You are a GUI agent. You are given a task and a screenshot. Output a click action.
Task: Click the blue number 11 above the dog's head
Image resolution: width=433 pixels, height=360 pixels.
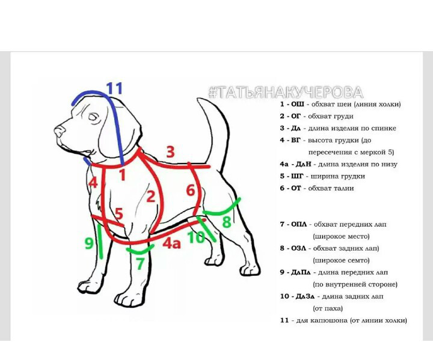click(114, 88)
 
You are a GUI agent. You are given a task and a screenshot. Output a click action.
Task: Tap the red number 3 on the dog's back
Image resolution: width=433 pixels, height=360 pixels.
click(170, 152)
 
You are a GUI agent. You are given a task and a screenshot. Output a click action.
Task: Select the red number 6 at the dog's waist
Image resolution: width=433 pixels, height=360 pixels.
click(190, 190)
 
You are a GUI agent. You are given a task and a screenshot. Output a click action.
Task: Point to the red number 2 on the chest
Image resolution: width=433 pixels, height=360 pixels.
click(150, 197)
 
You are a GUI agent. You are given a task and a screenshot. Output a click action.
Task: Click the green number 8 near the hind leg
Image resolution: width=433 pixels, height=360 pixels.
click(227, 222)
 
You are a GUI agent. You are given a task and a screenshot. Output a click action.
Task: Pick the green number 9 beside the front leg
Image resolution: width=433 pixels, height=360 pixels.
click(89, 243)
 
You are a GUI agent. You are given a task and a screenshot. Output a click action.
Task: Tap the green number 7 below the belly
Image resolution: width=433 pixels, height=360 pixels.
click(140, 263)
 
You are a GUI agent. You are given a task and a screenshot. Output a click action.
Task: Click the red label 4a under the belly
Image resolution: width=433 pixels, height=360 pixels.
click(171, 243)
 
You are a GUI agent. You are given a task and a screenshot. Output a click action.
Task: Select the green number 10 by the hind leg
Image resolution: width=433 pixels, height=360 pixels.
click(196, 237)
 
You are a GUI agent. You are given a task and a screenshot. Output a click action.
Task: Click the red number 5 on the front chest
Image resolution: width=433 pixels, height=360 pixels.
click(118, 213)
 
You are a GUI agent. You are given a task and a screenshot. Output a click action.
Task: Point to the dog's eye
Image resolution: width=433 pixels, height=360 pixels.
click(94, 117)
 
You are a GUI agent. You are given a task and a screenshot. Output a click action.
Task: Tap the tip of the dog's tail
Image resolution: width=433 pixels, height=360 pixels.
click(198, 99)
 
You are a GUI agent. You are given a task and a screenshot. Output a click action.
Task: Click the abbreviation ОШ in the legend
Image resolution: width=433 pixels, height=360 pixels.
click(298, 104)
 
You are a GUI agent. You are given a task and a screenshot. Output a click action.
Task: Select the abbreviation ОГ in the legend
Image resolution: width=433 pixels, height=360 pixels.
click(296, 116)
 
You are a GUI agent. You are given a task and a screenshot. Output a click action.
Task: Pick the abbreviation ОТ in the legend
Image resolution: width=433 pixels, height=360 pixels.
click(296, 188)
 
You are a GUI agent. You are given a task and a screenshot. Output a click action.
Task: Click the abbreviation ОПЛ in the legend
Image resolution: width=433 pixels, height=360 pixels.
click(299, 224)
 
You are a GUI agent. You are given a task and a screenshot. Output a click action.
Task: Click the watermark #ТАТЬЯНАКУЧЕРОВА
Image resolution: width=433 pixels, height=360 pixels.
click(286, 92)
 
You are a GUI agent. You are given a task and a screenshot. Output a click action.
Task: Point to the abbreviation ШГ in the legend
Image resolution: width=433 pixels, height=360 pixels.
click(298, 176)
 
